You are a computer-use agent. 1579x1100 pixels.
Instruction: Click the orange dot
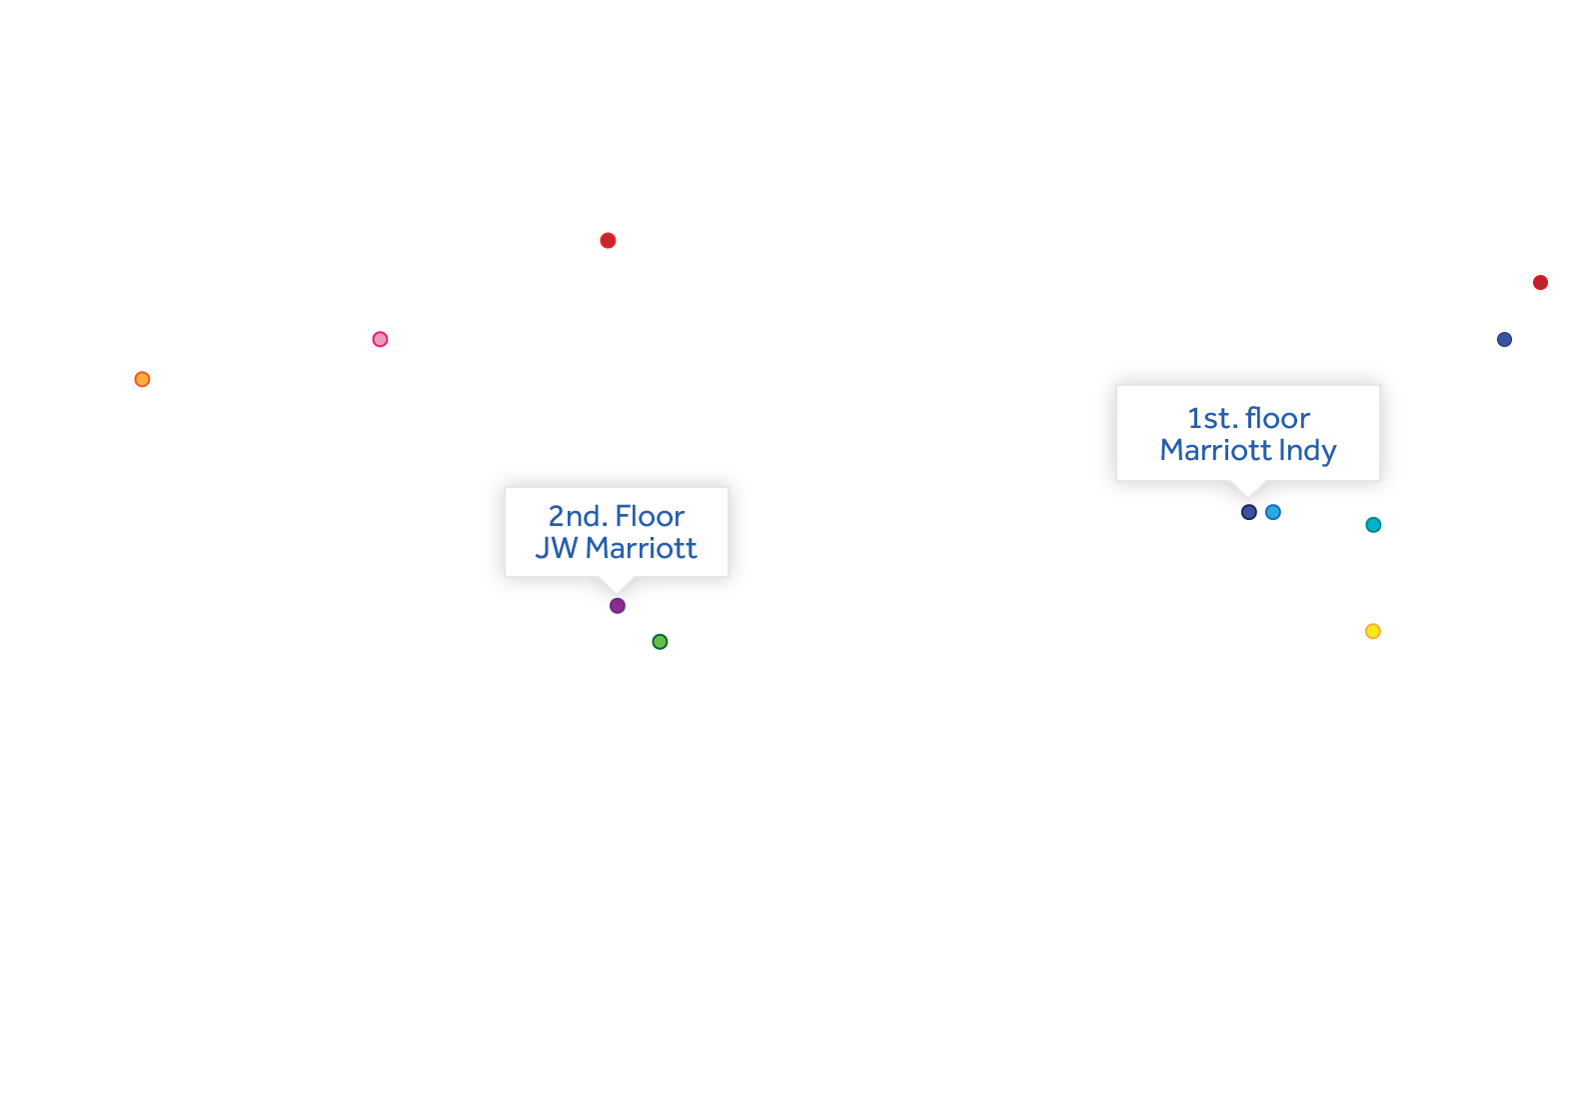click(x=142, y=379)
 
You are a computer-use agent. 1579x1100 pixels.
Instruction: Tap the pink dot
click(x=380, y=339)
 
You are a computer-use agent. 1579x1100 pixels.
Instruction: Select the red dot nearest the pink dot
click(x=608, y=240)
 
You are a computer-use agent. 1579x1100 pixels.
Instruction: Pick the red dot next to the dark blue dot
click(x=1540, y=283)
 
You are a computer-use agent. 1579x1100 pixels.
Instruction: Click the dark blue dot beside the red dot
click(x=1504, y=339)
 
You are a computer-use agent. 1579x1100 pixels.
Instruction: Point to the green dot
click(x=660, y=642)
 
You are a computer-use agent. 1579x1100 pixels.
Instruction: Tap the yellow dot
click(x=1373, y=631)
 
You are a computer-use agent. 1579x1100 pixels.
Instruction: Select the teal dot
click(x=1373, y=525)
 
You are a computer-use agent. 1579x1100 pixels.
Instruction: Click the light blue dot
click(x=1273, y=512)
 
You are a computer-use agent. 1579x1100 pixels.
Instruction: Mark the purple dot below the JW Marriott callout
click(x=618, y=605)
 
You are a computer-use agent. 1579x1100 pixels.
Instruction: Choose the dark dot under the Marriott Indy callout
click(x=1248, y=512)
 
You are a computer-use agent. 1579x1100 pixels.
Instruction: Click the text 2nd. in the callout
click(x=578, y=516)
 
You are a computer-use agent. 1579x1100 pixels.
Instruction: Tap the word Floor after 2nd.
click(x=650, y=516)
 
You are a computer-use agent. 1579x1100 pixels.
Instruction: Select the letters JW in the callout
click(x=556, y=548)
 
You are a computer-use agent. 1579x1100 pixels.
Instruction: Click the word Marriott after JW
click(x=641, y=548)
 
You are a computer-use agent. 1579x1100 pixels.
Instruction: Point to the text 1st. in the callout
click(x=1212, y=418)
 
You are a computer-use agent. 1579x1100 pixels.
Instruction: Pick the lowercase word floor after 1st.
click(x=1277, y=418)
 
